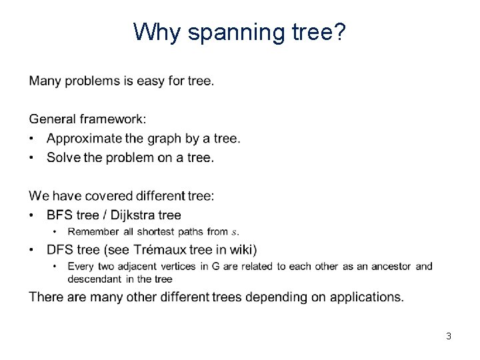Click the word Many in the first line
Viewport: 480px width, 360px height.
coord(45,81)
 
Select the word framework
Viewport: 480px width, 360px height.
coord(112,119)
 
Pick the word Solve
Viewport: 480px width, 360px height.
coord(63,158)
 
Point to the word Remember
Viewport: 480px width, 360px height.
coord(93,232)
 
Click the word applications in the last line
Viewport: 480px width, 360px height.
coord(372,297)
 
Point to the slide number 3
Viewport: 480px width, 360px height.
coord(449,337)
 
